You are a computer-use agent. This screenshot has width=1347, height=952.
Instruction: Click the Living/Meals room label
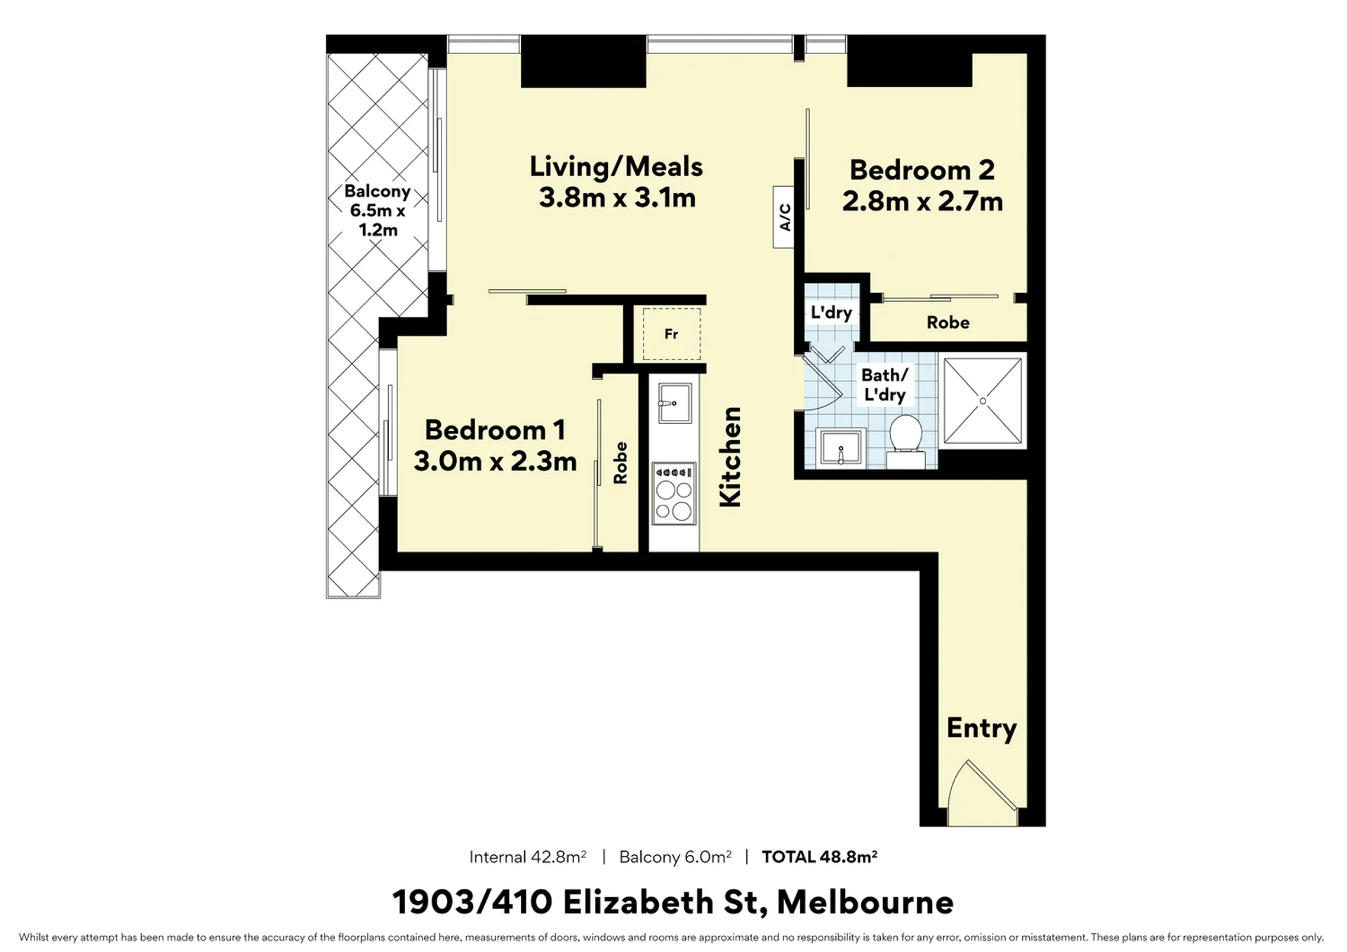pos(616,167)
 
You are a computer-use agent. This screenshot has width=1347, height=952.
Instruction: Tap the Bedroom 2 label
pos(922,170)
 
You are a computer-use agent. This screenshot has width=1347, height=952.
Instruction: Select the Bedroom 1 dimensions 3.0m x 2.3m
pos(495,461)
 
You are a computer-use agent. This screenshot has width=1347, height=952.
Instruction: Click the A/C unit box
pos(783,217)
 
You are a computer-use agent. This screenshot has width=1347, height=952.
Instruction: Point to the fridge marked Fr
pos(672,334)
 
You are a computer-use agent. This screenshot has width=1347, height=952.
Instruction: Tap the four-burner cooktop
pos(674,494)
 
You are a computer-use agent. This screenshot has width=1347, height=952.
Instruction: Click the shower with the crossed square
pos(983,401)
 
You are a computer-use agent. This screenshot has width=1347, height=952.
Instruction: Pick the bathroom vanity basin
pos(841,448)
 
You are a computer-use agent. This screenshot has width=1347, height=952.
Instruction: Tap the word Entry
pos(981,729)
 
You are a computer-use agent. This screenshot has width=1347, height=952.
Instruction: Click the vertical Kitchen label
pos(731,456)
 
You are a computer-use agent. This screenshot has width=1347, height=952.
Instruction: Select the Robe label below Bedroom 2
pos(948,322)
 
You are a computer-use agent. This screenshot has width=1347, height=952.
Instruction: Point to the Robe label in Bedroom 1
pos(620,463)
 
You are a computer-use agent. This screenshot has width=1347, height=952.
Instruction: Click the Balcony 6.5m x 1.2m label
pos(378,211)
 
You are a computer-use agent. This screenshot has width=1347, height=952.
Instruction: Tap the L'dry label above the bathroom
pos(831,312)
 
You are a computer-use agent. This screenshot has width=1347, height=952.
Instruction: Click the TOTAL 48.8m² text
pos(819,857)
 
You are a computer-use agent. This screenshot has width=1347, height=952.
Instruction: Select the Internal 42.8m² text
pos(528,857)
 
